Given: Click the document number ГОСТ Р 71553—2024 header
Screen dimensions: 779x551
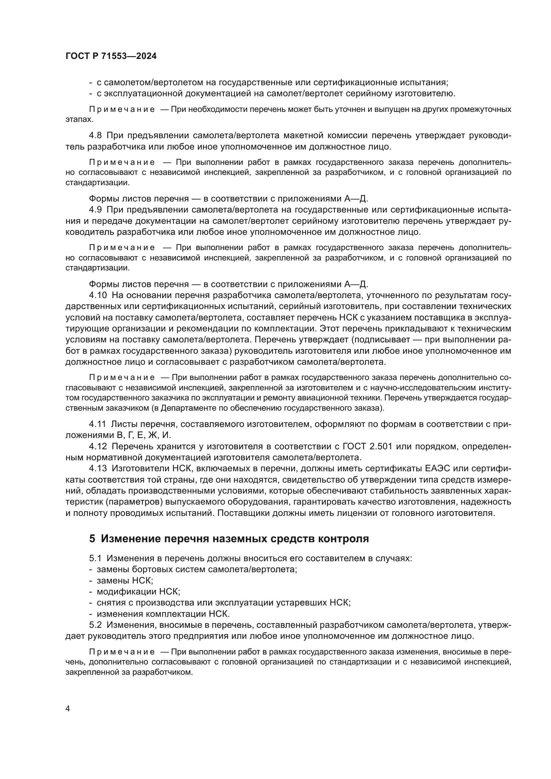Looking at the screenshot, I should click(x=111, y=56).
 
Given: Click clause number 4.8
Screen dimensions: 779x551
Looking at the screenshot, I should click(x=95, y=135).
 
